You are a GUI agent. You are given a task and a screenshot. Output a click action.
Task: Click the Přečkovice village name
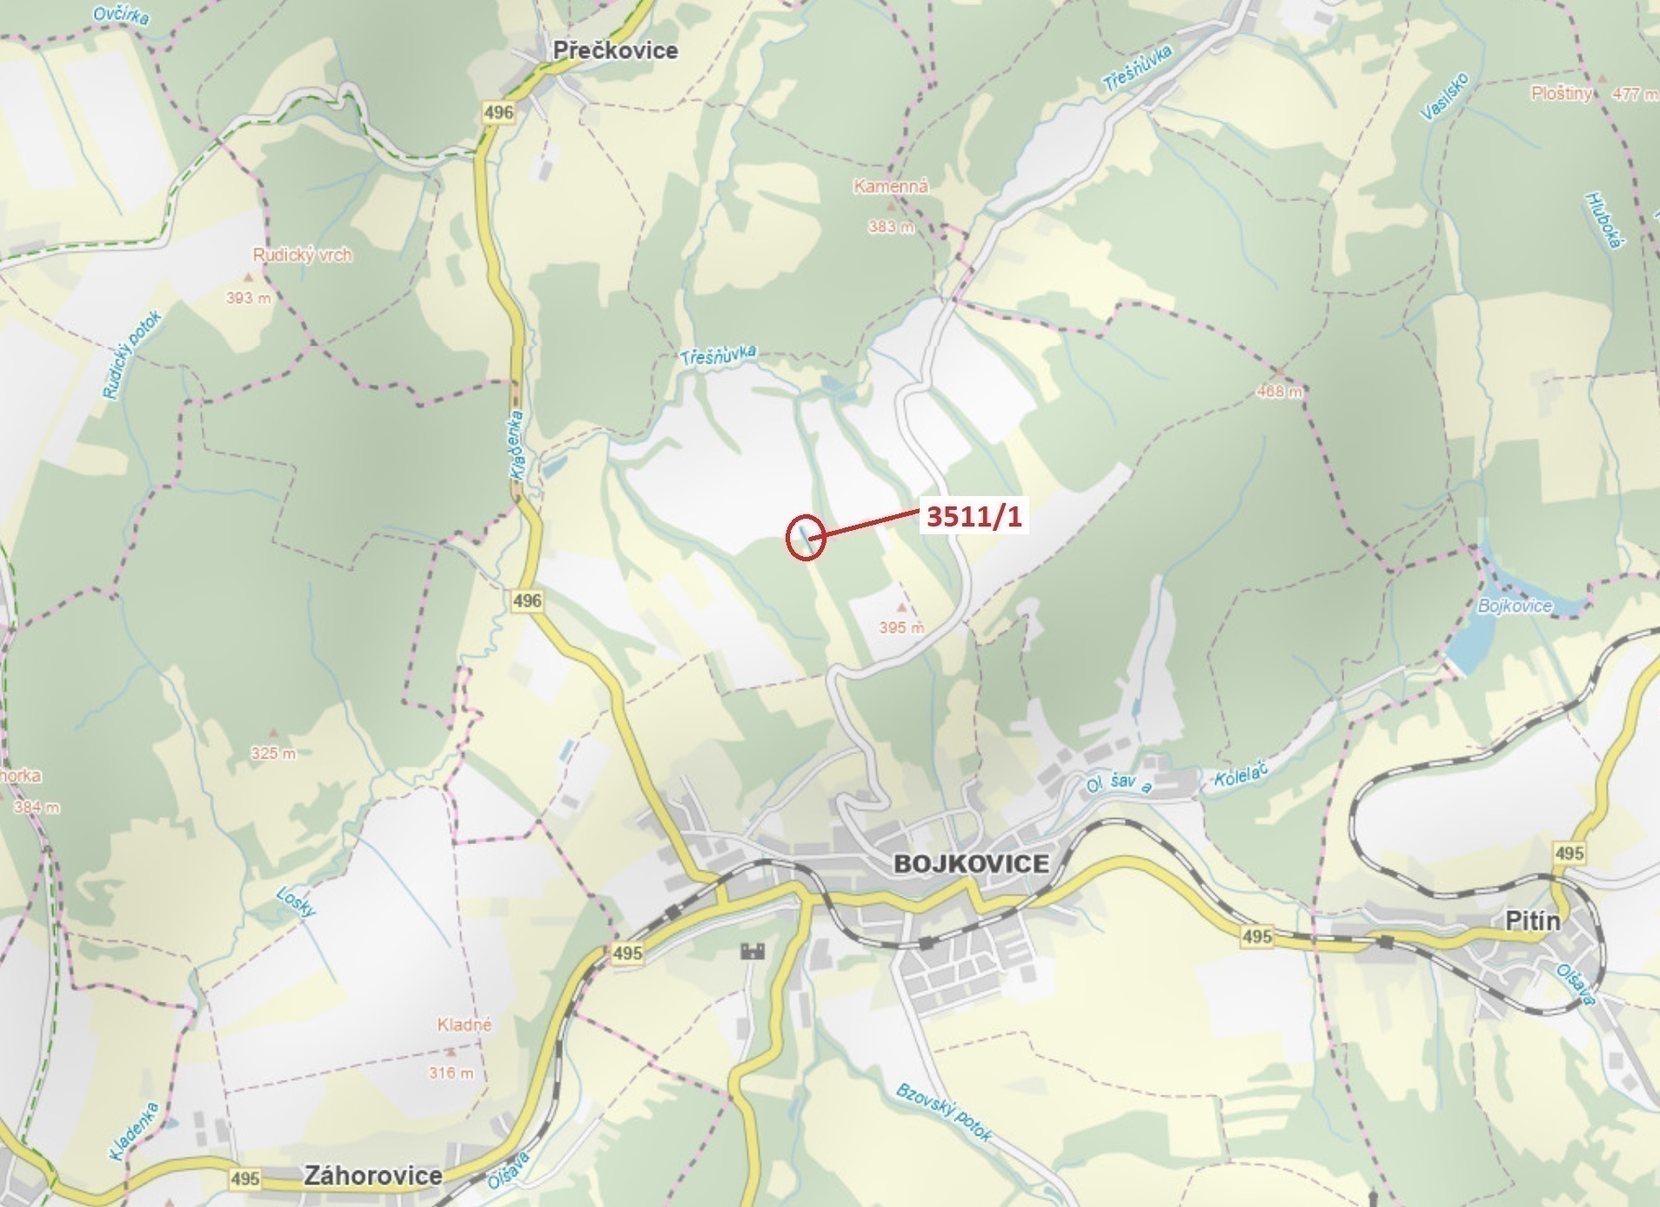pos(615,50)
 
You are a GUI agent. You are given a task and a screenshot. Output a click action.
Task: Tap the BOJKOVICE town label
pos(971,863)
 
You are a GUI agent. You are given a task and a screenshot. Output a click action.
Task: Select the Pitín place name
pos(1533,921)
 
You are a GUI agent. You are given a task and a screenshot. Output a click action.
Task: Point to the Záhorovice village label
pos(372,1176)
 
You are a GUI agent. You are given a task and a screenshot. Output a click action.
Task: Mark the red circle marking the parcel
pos(805,538)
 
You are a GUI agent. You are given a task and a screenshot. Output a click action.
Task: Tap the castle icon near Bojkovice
pos(752,950)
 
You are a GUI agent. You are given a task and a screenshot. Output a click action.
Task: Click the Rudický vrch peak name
pos(302,255)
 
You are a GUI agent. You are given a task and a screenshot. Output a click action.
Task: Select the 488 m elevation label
pos(1280,392)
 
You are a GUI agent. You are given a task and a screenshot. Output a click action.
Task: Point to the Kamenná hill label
pos(891,186)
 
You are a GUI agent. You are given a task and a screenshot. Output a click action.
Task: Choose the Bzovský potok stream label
pos(944,1112)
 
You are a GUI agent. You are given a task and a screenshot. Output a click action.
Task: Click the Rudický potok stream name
pos(132,356)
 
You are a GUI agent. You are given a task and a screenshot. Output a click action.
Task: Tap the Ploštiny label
pos(1561,93)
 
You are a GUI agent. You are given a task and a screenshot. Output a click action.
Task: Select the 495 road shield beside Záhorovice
pos(245,1177)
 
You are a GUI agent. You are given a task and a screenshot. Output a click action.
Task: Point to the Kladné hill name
pos(465,1025)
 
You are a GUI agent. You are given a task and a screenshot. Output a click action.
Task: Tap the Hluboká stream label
pos(1603,220)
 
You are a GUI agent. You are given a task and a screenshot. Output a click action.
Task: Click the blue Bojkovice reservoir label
pos(1515,606)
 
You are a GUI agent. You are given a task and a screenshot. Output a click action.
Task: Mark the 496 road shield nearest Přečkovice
pos(499,111)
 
